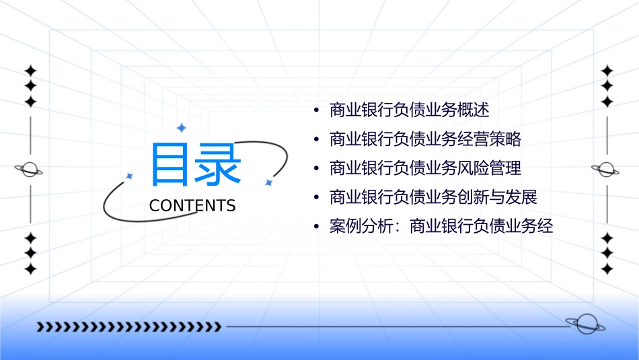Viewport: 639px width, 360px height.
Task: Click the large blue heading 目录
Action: (x=195, y=165)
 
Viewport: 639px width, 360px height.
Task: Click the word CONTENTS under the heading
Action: (x=192, y=206)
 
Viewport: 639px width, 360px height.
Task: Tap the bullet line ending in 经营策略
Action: (x=425, y=139)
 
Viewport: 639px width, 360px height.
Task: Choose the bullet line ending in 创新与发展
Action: (x=433, y=198)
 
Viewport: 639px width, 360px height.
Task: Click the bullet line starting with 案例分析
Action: (x=441, y=227)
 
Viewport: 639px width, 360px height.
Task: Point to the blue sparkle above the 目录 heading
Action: (x=180, y=127)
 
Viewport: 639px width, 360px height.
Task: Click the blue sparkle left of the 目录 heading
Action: (x=130, y=176)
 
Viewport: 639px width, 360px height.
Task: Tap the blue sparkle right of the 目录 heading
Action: (x=268, y=182)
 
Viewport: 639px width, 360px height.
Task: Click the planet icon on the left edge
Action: (x=30, y=170)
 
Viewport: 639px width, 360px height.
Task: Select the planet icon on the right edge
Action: (x=607, y=170)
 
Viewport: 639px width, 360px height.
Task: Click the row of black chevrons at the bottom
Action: (x=128, y=327)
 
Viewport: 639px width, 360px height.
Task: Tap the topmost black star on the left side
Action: (x=30, y=71)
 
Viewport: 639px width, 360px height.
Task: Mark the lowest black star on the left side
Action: (x=30, y=268)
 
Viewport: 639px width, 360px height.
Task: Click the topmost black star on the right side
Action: (x=607, y=71)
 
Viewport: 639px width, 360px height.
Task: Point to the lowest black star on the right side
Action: (x=607, y=268)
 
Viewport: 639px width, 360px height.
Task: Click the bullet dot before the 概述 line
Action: (x=316, y=110)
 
